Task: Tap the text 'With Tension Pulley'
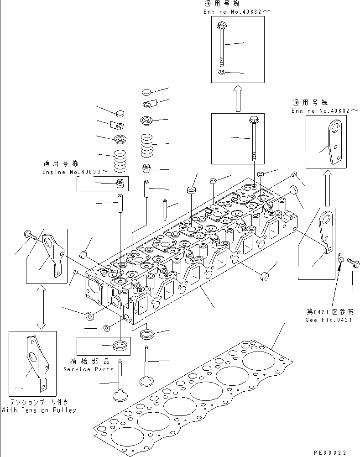38,410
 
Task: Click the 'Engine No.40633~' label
76,172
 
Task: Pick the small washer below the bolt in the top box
222,73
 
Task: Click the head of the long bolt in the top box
222,26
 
